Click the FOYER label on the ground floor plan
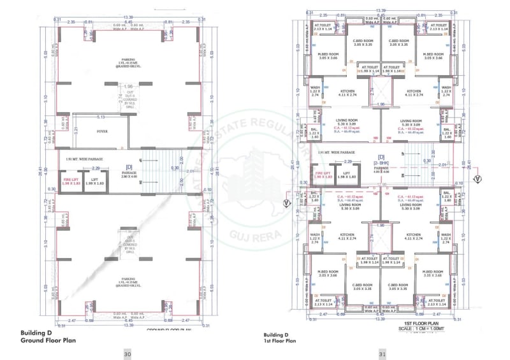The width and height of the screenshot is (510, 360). (102, 133)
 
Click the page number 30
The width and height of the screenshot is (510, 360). (127, 354)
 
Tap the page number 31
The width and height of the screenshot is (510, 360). (382, 354)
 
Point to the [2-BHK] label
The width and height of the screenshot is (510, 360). (381, 162)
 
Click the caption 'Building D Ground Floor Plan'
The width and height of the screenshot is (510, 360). (42, 337)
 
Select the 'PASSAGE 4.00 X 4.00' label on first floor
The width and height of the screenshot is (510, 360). (381, 169)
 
